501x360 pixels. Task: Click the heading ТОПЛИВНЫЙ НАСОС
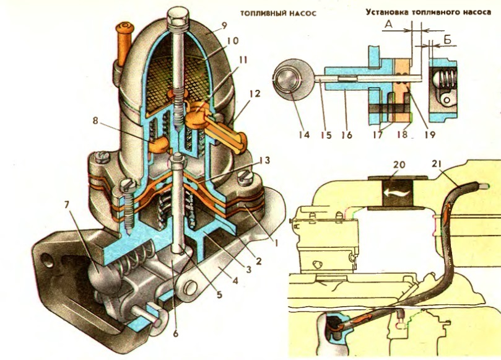click(x=278, y=14)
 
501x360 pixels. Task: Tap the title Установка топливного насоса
click(x=428, y=12)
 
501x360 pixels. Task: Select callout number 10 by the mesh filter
click(x=233, y=41)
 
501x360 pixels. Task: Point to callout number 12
click(x=255, y=94)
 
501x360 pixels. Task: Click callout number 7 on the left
click(x=68, y=204)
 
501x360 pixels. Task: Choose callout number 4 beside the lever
click(x=235, y=281)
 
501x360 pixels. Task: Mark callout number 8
click(x=95, y=121)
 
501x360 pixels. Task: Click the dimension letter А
click(x=388, y=24)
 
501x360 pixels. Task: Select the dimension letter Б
click(x=447, y=40)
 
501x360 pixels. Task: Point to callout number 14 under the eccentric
click(x=304, y=134)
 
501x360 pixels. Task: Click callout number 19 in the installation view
click(x=429, y=134)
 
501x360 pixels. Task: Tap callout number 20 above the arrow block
click(x=399, y=165)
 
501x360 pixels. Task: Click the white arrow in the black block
click(x=398, y=193)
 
